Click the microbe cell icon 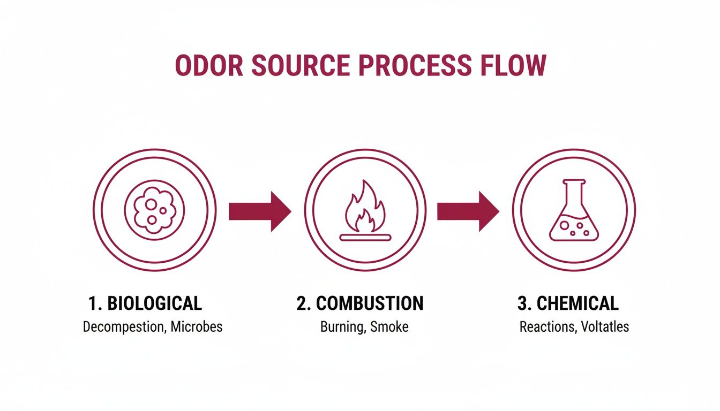[154, 209]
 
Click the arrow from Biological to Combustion [259, 211]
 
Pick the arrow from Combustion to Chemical [468, 211]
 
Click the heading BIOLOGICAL [154, 303]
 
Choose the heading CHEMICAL [577, 303]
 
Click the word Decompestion [122, 326]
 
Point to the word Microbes [196, 326]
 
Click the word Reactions [545, 326]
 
